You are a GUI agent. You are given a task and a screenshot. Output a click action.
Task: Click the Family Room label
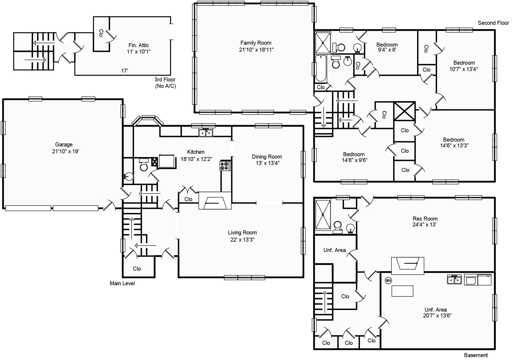pyautogui.click(x=256, y=43)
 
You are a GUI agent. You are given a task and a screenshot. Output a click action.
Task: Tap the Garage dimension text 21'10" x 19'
pyautogui.click(x=65, y=151)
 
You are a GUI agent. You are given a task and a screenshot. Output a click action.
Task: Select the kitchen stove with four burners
pyautogui.click(x=225, y=166)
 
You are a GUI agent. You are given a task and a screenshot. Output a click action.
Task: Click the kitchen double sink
pyautogui.click(x=206, y=133)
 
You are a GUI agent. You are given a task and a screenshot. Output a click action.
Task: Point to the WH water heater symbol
pyautogui.click(x=388, y=280)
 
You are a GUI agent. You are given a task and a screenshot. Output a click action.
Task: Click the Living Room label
pyautogui.click(x=242, y=233)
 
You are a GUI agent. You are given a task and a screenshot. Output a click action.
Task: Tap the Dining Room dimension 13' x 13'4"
pyautogui.click(x=268, y=163)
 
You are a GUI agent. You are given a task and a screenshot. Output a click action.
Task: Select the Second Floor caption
pyautogui.click(x=493, y=23)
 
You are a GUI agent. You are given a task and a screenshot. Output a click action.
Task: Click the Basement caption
pyautogui.click(x=476, y=355)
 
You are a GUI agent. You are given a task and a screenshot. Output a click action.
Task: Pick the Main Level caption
pyautogui.click(x=122, y=283)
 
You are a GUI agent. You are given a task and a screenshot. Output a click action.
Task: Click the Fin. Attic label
pyautogui.click(x=139, y=45)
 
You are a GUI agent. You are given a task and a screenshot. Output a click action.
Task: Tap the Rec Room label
pyautogui.click(x=425, y=219)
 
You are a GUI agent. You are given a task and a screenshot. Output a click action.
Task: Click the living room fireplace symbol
pyautogui.click(x=215, y=200)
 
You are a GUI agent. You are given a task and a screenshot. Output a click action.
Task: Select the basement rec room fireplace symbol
pyautogui.click(x=407, y=266)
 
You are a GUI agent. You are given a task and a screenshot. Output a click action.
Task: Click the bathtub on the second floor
pyautogui.click(x=321, y=68)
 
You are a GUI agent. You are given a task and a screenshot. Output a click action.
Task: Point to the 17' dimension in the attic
pyautogui.click(x=124, y=71)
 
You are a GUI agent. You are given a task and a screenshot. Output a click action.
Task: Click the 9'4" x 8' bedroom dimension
pyautogui.click(x=387, y=50)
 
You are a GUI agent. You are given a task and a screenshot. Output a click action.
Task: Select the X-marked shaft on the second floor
pyautogui.click(x=404, y=111)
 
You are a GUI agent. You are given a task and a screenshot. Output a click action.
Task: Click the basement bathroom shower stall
pyautogui.click(x=323, y=214)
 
